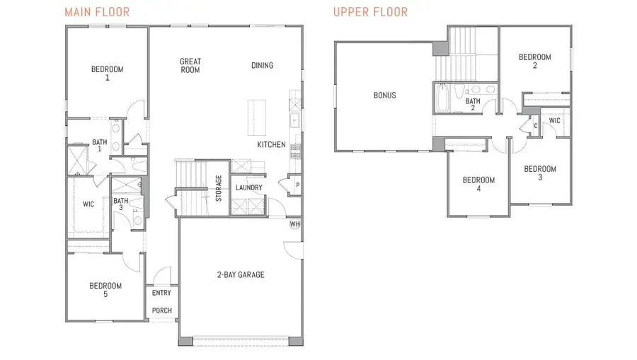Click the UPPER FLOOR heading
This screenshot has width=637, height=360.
[370, 12]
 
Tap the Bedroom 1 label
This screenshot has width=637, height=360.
[107, 74]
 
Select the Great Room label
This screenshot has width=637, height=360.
[190, 66]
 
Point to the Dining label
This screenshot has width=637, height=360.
[262, 66]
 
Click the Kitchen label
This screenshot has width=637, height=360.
[271, 145]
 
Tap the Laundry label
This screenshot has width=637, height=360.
[249, 187]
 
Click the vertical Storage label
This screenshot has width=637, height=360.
[219, 189]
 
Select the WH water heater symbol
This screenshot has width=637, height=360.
[295, 224]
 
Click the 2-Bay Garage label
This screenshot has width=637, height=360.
[241, 274]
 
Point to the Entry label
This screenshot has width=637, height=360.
[161, 293]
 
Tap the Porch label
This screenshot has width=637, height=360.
[162, 310]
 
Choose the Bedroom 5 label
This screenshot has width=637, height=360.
[105, 290]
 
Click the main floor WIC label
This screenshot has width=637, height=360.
[88, 205]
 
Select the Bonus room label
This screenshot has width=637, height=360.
[384, 95]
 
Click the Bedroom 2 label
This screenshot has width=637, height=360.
[534, 62]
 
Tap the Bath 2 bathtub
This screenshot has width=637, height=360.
[442, 99]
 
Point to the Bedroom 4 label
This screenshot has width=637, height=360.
[478, 184]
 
